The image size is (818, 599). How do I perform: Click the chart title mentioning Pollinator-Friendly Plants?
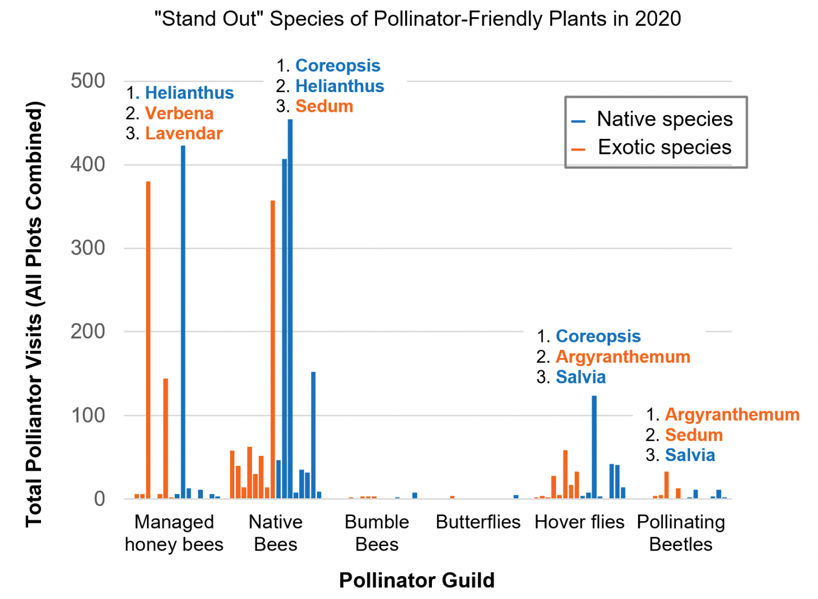pyautogui.click(x=418, y=19)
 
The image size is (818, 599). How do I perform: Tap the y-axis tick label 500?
pyautogui.click(x=88, y=81)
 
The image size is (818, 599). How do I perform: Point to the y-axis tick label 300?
pyautogui.click(x=88, y=248)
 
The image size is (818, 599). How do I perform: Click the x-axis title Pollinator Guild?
pyautogui.click(x=417, y=580)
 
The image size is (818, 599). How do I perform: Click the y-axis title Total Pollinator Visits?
pyautogui.click(x=34, y=314)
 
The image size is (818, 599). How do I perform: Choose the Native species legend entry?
pyautogui.click(x=664, y=119)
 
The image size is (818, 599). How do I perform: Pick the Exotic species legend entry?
pyautogui.click(x=664, y=147)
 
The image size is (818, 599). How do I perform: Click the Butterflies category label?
pyautogui.click(x=478, y=522)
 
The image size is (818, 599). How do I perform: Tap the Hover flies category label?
pyautogui.click(x=579, y=522)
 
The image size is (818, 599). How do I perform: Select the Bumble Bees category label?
pyautogui.click(x=377, y=533)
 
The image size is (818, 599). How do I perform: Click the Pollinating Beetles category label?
pyautogui.click(x=681, y=533)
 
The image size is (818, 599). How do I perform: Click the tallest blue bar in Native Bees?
pyautogui.click(x=290, y=309)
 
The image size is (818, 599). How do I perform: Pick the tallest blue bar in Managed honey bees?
pyautogui.click(x=183, y=322)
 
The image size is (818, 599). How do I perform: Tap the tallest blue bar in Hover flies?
pyautogui.click(x=594, y=447)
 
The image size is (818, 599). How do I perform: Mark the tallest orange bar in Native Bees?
pyautogui.click(x=273, y=349)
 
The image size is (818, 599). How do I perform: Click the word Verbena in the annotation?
pyautogui.click(x=179, y=113)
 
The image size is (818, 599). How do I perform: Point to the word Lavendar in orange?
pyautogui.click(x=184, y=134)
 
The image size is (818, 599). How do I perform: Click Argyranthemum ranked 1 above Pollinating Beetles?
pyautogui.click(x=732, y=415)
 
